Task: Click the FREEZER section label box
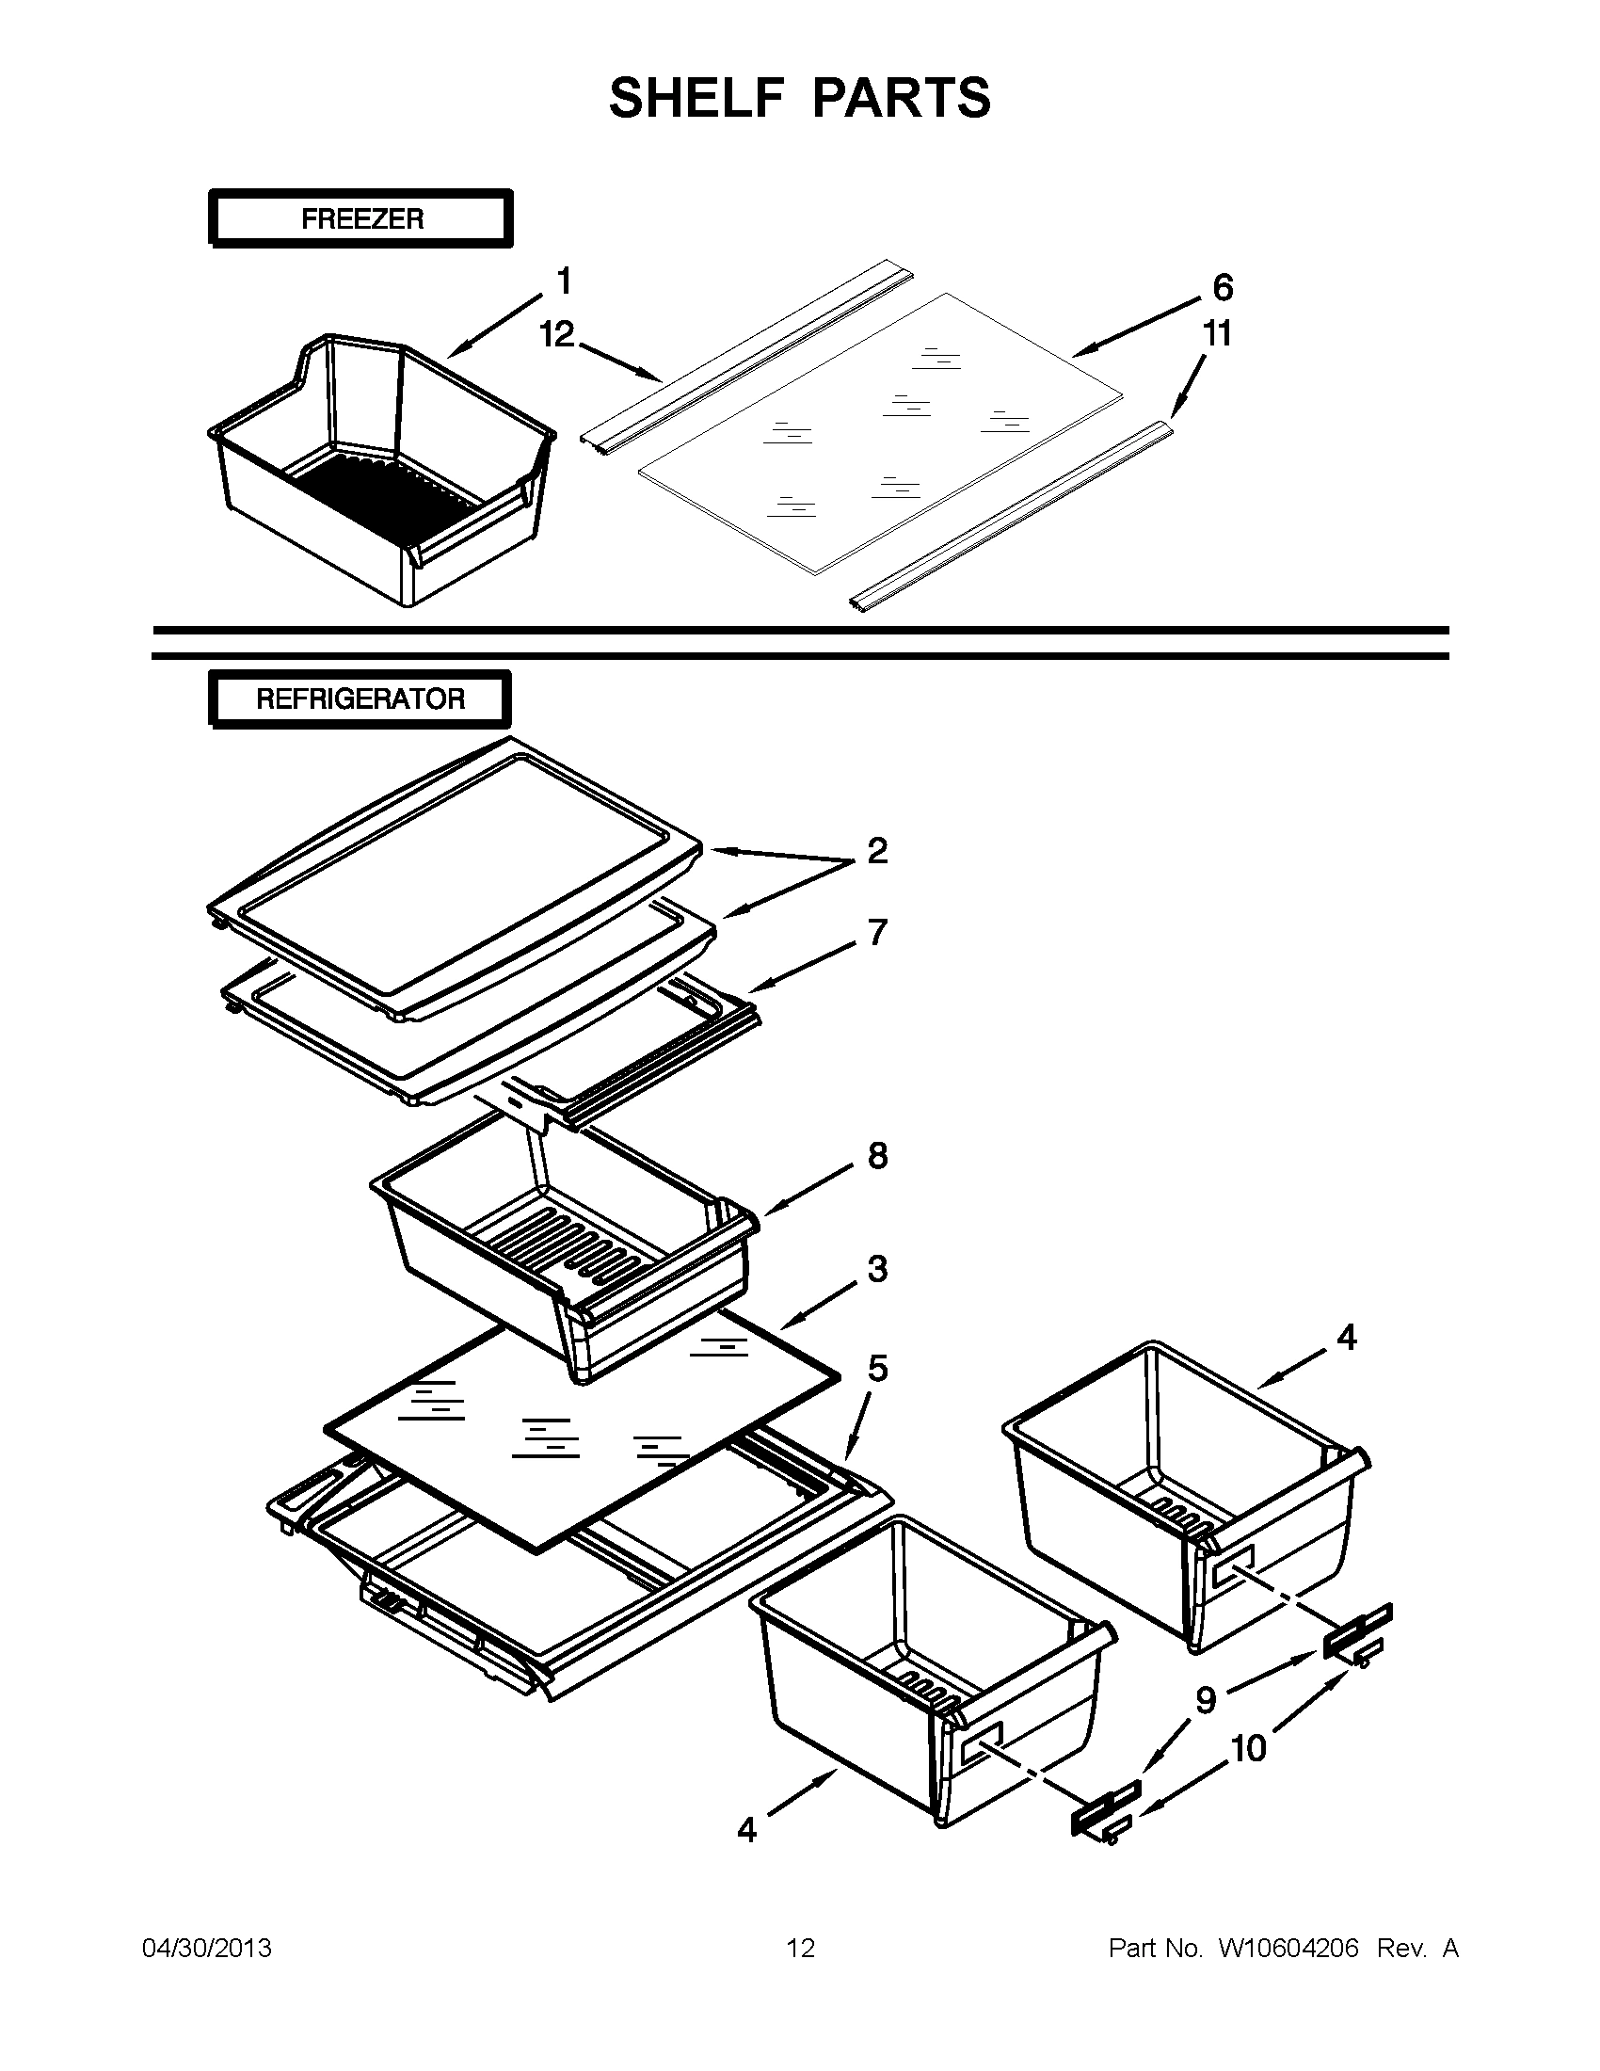click(361, 219)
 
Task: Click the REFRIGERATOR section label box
click(360, 699)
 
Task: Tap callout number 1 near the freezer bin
click(564, 281)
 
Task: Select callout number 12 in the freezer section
click(557, 334)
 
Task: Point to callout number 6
click(1223, 286)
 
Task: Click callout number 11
click(1217, 334)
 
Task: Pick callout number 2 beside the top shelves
click(877, 851)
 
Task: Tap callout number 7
click(878, 932)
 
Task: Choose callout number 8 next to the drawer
click(878, 1156)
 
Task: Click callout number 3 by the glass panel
click(878, 1269)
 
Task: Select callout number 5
click(878, 1369)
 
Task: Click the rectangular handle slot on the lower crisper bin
click(982, 1743)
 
